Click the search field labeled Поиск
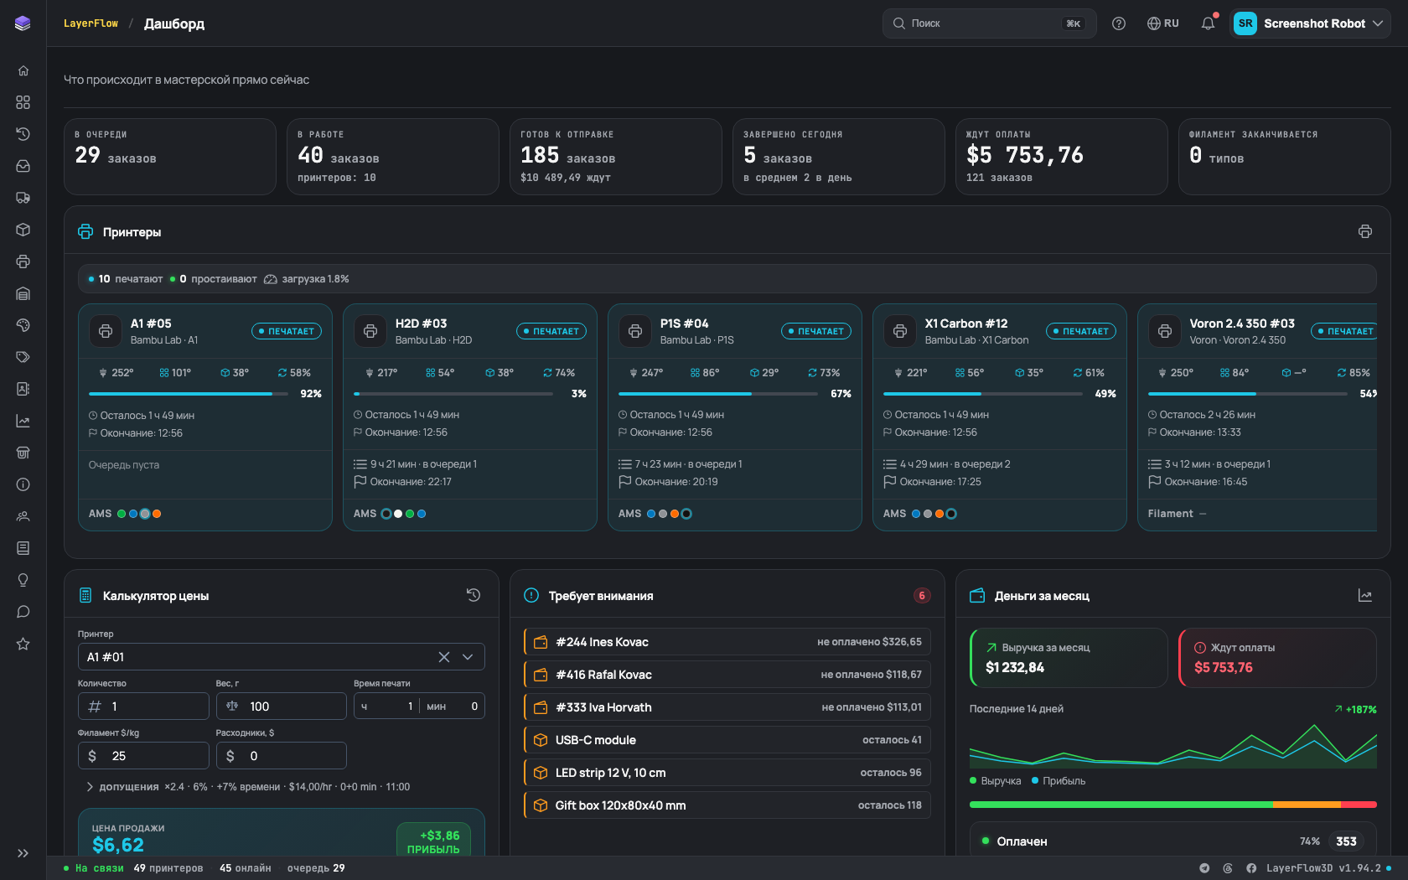989,23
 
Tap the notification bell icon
1208,23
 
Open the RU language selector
1163,23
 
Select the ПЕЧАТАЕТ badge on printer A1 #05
287,331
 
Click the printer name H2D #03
421,324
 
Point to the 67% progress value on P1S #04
841,394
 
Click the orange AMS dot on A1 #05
158,514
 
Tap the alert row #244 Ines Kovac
727,642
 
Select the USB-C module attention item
727,740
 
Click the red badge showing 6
922,595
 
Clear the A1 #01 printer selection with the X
444,657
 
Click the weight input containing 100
281,706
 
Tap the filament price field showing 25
143,756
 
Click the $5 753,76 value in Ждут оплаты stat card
1024,154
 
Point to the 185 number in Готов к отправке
540,154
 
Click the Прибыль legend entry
1059,781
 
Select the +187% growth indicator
1355,709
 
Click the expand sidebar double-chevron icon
23,853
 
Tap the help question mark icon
1118,23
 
